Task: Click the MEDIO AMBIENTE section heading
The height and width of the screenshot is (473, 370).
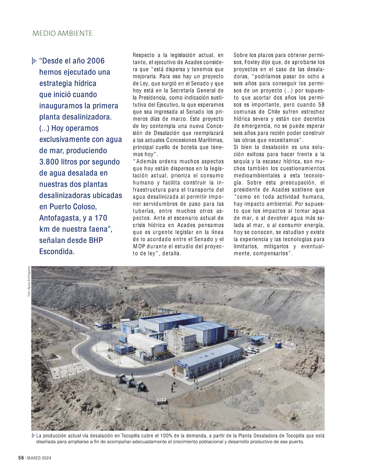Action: click(62, 33)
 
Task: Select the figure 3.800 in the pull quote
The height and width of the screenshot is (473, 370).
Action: click(54, 162)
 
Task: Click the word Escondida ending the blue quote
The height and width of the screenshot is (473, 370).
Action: click(57, 251)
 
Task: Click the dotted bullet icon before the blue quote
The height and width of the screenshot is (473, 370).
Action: click(34, 61)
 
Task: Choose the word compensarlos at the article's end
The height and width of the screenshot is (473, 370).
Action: click(268, 253)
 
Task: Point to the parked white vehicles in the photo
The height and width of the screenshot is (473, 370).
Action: click(252, 351)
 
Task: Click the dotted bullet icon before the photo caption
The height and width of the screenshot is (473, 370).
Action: click(33, 436)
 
